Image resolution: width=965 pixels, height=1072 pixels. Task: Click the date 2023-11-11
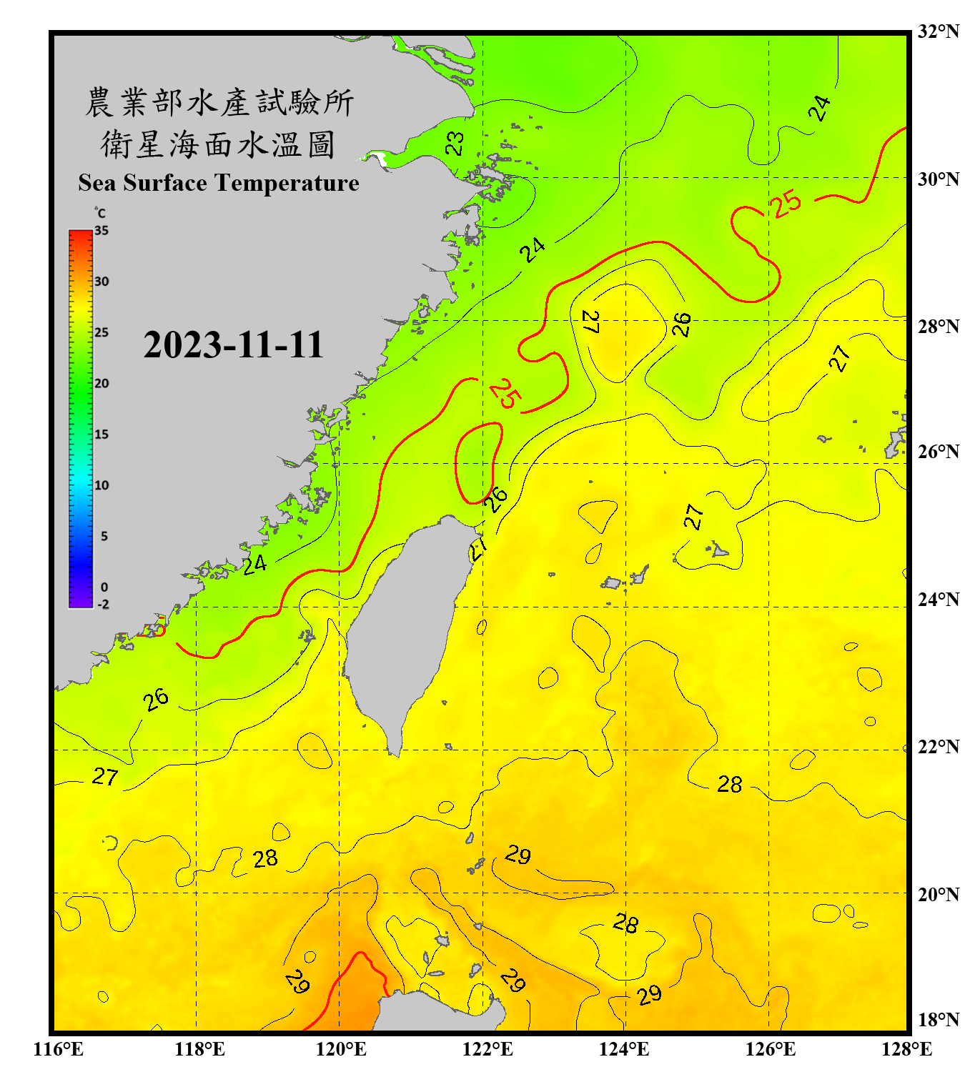233,345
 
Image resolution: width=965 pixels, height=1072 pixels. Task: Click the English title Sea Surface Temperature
219,183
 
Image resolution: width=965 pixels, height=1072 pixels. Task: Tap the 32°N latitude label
938,31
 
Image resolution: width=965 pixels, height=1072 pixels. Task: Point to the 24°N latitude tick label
938,600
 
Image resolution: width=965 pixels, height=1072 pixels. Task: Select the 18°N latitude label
938,1020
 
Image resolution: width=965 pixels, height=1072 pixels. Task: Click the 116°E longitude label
59,1049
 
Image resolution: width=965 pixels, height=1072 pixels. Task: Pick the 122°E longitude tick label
488,1049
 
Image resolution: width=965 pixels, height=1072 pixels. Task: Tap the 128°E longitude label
906,1049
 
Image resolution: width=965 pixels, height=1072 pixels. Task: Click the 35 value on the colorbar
102,230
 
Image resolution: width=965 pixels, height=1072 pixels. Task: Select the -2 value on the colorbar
103,604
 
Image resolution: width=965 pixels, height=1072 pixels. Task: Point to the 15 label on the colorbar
102,434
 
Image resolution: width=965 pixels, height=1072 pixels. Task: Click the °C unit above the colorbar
100,213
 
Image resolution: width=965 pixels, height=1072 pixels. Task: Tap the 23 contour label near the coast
455,143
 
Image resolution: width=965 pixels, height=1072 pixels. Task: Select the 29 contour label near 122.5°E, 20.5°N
518,855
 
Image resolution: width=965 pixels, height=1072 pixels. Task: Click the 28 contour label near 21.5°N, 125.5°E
730,784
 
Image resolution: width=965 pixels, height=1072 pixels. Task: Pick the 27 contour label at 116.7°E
105,776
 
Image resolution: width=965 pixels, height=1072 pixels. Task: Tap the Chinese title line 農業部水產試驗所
219,102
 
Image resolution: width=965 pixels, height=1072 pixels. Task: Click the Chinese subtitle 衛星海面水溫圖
218,144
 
